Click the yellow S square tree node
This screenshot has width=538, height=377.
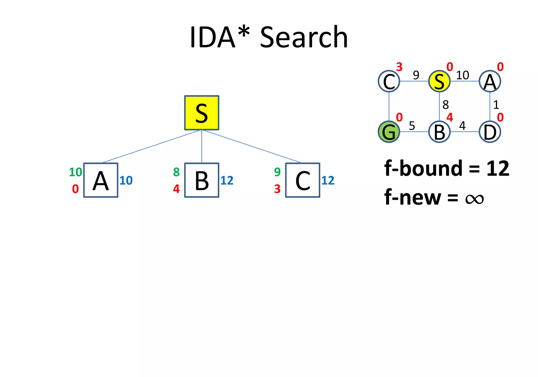[201, 113]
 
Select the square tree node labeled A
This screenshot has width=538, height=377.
[101, 180]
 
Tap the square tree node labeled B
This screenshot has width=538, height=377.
[201, 180]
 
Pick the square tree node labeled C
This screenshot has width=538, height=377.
[303, 180]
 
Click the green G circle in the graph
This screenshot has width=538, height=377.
[389, 132]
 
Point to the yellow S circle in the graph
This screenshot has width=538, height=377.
[439, 81]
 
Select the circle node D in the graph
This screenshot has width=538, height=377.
[490, 132]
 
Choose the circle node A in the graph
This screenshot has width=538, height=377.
[490, 81]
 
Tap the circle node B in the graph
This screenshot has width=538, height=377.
[439, 132]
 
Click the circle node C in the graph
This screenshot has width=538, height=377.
[389, 81]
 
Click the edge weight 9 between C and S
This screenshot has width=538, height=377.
[416, 75]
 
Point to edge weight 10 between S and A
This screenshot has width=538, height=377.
[462, 75]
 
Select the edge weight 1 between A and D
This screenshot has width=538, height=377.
[496, 105]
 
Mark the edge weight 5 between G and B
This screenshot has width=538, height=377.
[412, 126]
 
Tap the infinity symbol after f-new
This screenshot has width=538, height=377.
[474, 198]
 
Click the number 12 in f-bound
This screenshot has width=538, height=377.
[498, 169]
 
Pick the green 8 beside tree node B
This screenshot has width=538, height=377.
[176, 172]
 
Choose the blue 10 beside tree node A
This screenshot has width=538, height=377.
[126, 181]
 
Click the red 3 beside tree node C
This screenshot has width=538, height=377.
[277, 189]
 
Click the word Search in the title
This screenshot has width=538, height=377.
[304, 37]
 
